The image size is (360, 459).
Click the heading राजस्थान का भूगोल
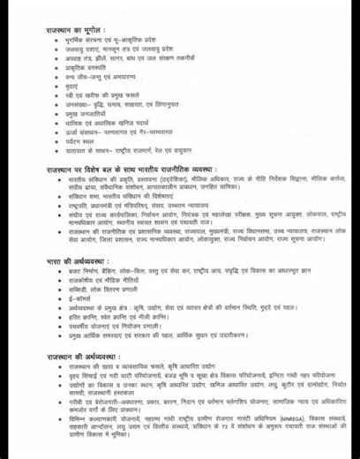click(76, 30)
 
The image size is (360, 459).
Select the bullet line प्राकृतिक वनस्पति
click(91, 78)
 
